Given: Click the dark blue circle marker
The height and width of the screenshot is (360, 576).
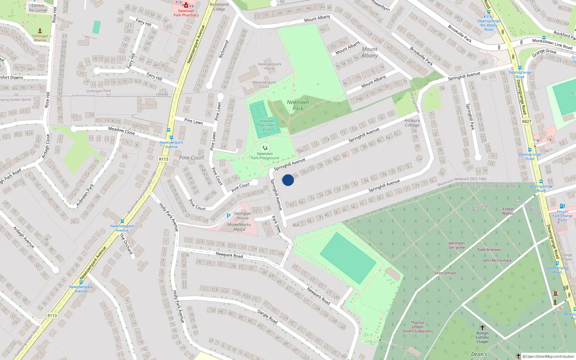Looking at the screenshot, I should coord(288,180).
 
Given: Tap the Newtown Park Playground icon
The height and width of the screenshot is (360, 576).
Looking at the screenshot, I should coord(265,148).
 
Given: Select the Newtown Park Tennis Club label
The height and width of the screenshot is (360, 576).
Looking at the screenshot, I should coord(267,125).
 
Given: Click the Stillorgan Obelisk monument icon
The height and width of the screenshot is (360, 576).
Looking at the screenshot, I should coord(40,31).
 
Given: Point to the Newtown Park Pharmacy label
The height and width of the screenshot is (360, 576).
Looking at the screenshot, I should coord(186,13).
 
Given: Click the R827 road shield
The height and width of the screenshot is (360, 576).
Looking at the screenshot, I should coord(526,121).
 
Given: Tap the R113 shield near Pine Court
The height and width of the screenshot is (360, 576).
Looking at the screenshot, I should coord(163,159).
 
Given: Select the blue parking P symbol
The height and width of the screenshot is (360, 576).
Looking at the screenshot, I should coord(228,216).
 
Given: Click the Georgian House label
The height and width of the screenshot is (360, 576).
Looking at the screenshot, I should coord(243,216).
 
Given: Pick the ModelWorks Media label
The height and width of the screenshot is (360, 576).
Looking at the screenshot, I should coord(239,227).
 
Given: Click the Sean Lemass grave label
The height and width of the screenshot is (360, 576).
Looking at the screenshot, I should coord(445,273).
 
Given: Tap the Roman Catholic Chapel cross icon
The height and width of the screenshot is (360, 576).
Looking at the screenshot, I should coord(482,328).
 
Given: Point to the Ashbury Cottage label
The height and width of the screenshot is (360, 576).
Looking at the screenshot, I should coord(412,123).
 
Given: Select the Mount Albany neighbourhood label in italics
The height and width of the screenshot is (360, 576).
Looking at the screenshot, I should coord(370,52).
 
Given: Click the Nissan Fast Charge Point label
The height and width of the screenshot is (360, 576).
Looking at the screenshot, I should coord(563,216).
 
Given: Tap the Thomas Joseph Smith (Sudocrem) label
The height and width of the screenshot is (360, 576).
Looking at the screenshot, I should coord(418,327).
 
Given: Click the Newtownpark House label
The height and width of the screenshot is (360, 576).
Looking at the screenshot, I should coord(269,66).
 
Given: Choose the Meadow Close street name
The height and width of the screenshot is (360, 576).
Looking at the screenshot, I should coord(121,131).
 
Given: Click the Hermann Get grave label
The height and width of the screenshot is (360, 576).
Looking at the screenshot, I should coord(456,245).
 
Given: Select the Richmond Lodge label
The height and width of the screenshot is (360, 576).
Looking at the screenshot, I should coord(219,7).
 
